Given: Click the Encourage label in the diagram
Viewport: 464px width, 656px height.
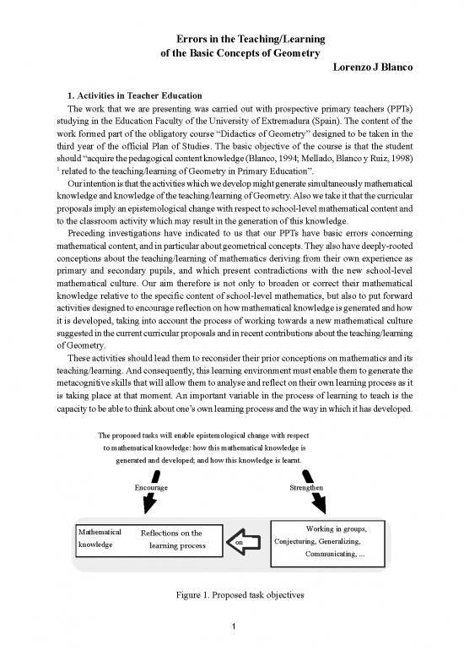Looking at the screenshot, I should (x=151, y=488).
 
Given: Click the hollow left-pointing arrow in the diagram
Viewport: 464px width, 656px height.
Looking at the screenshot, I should (x=248, y=541).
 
